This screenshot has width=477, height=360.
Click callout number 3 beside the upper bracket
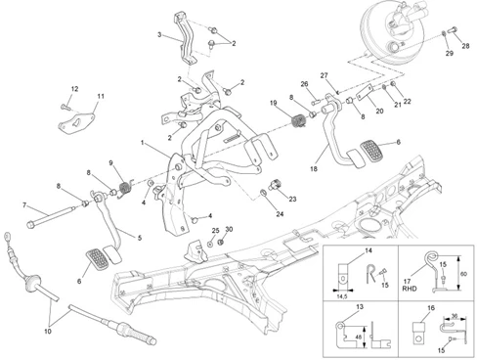[159, 34]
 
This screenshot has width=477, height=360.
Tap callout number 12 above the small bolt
[74, 89]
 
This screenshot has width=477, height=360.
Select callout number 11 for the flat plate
[101, 96]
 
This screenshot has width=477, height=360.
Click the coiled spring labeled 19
[298, 121]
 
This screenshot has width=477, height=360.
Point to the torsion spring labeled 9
[125, 189]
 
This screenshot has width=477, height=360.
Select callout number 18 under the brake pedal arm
[314, 169]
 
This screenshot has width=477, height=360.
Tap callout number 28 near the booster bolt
[465, 46]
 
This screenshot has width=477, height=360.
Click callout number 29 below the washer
[450, 53]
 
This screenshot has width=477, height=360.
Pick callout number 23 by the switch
[292, 199]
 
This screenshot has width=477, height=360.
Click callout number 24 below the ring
[280, 214]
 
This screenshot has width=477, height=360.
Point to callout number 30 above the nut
[229, 229]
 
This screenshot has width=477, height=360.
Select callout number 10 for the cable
[48, 332]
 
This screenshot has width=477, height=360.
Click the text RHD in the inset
[410, 289]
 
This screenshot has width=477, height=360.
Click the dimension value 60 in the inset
[463, 274]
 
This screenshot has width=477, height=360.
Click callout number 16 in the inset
[431, 308]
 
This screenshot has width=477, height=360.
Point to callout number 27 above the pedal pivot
[324, 75]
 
